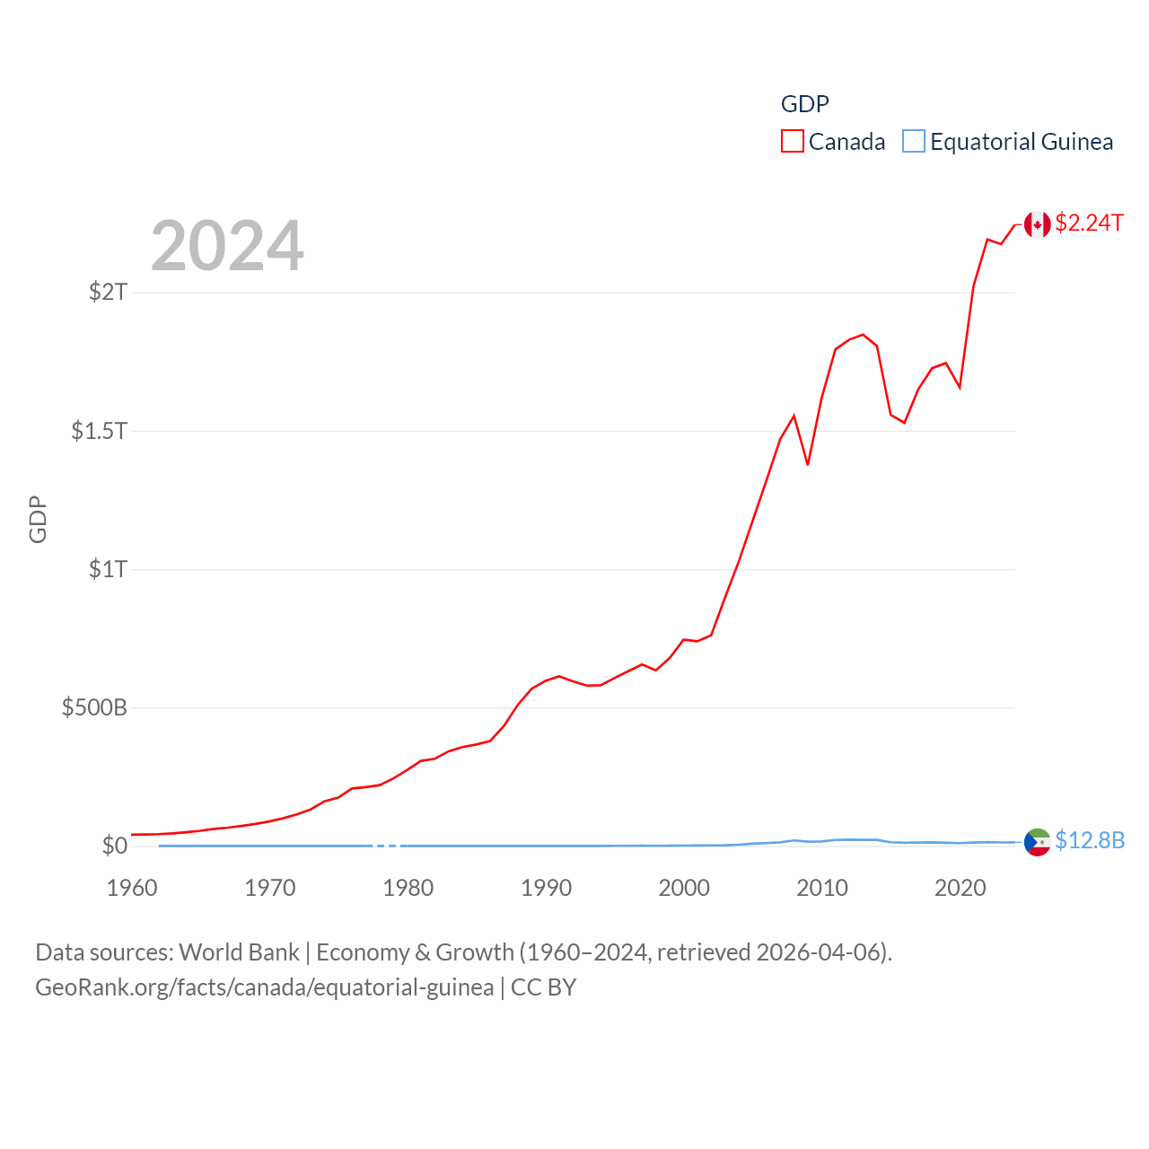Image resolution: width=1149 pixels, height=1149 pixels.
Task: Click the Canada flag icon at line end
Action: [1038, 224]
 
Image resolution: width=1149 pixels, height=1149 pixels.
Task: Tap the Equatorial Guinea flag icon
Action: [1038, 842]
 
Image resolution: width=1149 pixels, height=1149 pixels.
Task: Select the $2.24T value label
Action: [1089, 223]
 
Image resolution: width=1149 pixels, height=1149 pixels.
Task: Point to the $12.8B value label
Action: [1090, 840]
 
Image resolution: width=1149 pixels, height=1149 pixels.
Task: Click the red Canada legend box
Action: [792, 142]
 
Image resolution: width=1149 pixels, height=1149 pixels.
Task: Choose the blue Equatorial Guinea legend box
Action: [913, 142]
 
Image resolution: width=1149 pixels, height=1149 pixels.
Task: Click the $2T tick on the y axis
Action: [108, 292]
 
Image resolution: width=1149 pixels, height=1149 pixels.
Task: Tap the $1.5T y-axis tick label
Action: [99, 431]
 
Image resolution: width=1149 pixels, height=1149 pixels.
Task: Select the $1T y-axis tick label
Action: [108, 569]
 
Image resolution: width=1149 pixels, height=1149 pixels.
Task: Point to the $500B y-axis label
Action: [94, 707]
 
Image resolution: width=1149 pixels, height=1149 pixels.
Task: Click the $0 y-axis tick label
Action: [114, 846]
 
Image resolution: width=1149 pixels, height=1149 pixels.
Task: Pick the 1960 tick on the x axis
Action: [132, 888]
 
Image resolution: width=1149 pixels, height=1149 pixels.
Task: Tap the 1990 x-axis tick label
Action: [546, 888]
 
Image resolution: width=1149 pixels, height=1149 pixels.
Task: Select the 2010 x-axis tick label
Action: [822, 888]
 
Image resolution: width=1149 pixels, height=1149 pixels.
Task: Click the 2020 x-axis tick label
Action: [960, 888]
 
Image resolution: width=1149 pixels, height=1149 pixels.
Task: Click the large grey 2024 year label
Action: [227, 246]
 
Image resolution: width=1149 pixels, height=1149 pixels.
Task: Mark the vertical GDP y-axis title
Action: [38, 519]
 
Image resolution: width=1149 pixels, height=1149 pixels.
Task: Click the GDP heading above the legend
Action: [804, 104]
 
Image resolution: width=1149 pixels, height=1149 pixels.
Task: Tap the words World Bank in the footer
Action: [239, 952]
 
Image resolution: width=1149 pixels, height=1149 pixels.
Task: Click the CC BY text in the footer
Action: [543, 987]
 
